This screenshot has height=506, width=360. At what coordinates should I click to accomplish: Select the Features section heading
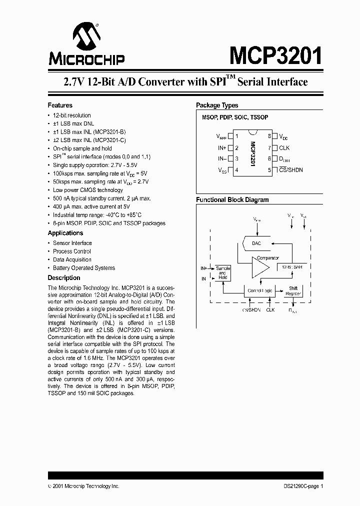point(60,105)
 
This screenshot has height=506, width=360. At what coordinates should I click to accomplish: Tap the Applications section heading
point(66,233)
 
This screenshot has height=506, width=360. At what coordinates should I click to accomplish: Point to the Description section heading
point(64,278)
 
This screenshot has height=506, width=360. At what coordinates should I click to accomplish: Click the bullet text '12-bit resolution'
point(72,115)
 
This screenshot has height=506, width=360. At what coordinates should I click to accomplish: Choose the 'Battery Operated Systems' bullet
point(84,268)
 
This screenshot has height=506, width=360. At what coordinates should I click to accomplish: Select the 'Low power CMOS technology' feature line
point(88,190)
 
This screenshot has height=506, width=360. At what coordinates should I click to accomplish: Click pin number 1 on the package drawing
point(236,136)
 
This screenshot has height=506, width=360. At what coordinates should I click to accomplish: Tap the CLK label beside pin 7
point(284,147)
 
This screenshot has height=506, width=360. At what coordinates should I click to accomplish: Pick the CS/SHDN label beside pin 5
point(291,170)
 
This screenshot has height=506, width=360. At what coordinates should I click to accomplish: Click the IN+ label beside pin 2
point(222,147)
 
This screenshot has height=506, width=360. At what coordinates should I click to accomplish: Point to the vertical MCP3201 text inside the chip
point(253,153)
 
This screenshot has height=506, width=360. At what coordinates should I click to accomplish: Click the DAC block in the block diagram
point(256,243)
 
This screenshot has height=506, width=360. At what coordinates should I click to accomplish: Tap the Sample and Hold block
point(222,272)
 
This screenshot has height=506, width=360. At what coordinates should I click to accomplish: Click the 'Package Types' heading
point(217,105)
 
